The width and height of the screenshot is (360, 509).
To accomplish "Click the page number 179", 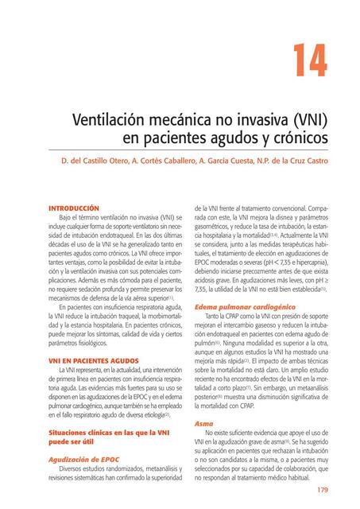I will coord(322,489).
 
